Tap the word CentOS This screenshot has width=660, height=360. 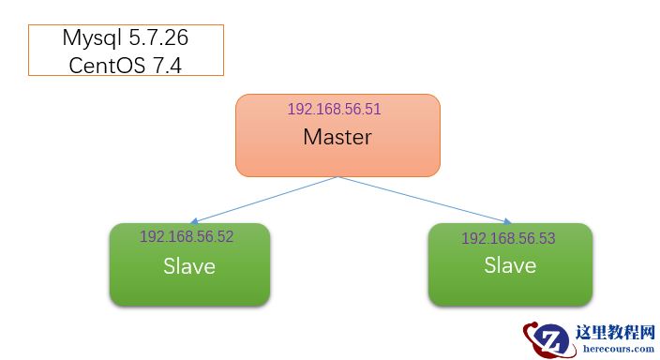[x=104, y=65]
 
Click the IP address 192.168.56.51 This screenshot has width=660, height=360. [x=334, y=109]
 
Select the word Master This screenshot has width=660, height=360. [x=337, y=137]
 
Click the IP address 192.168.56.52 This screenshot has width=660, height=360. [x=187, y=236]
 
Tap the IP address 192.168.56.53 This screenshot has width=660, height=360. [x=508, y=238]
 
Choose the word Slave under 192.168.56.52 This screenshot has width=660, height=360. [x=189, y=266]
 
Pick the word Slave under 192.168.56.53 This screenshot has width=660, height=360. [x=510, y=265]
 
